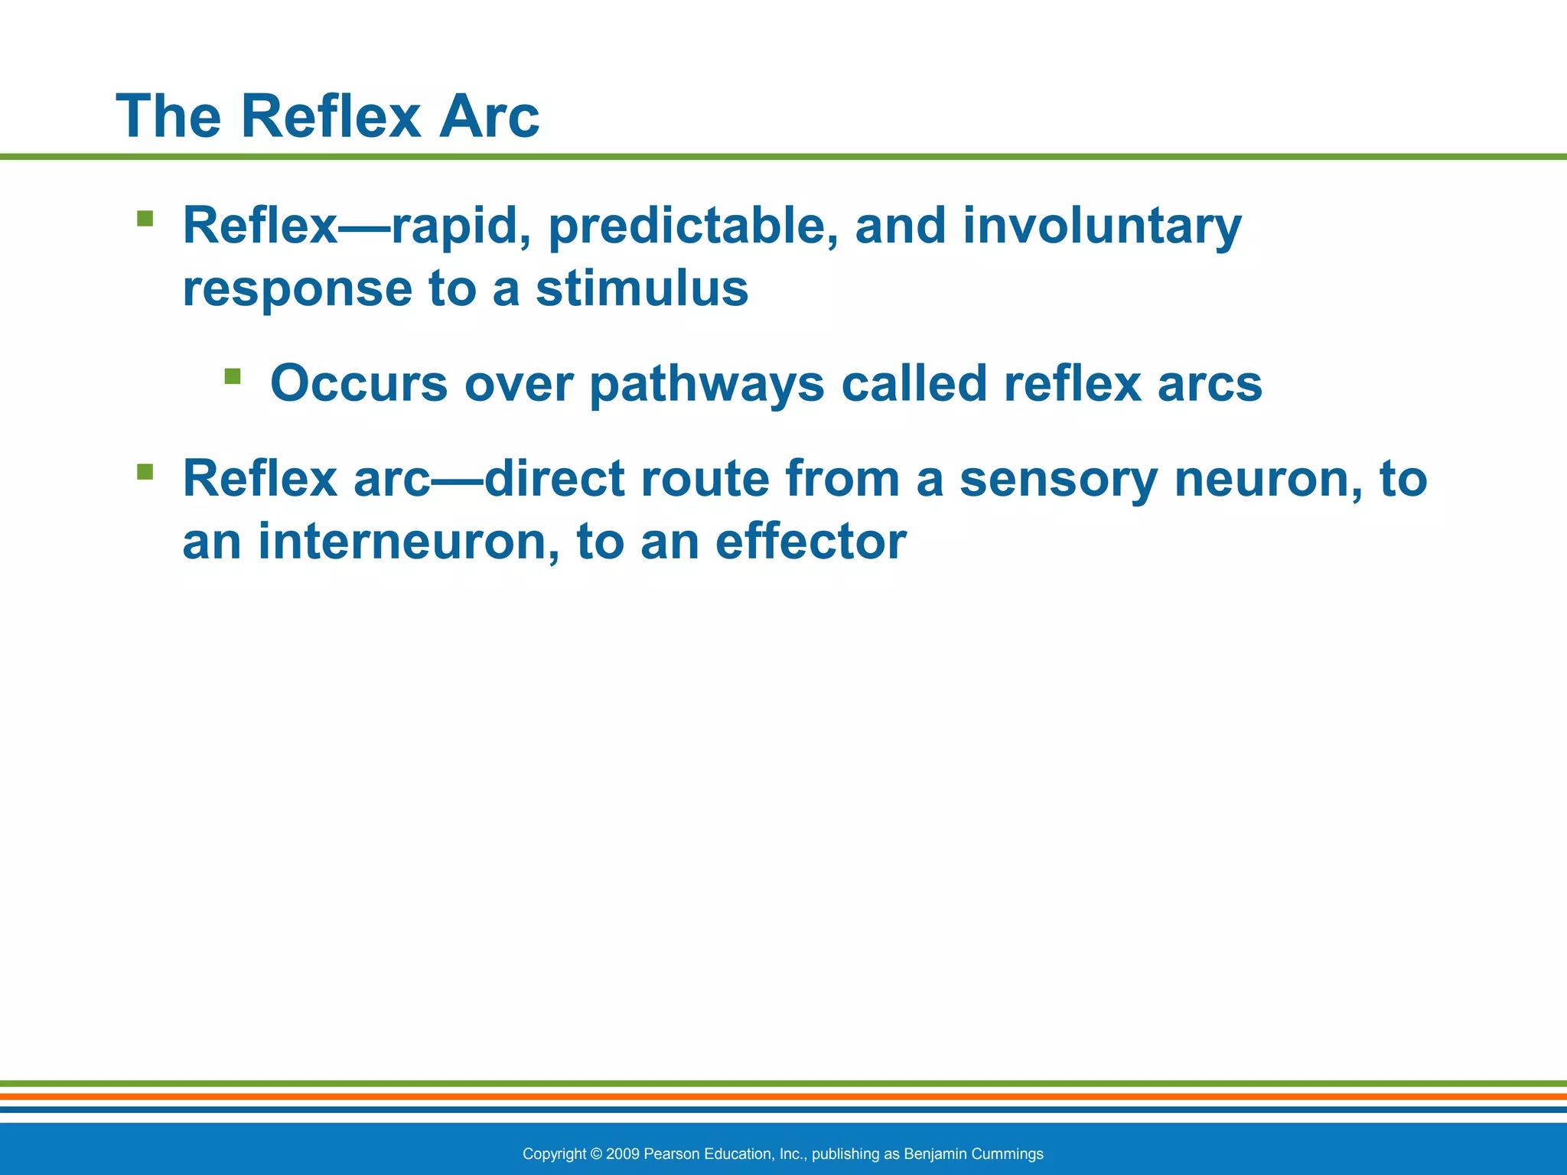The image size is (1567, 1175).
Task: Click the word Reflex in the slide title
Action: [x=331, y=116]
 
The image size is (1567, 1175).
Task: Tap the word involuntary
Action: [x=1102, y=227]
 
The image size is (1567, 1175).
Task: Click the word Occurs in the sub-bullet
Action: [x=358, y=383]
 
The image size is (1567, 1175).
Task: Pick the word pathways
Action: [x=706, y=385]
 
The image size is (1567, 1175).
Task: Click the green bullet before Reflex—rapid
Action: [x=145, y=220]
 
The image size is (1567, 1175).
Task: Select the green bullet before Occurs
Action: [x=233, y=376]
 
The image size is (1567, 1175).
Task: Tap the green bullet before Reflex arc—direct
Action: [x=145, y=471]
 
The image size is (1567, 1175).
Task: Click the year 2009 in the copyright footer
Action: [x=622, y=1154]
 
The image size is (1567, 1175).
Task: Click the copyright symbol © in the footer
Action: [x=597, y=1154]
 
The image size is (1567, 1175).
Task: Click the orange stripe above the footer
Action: [x=783, y=1096]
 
